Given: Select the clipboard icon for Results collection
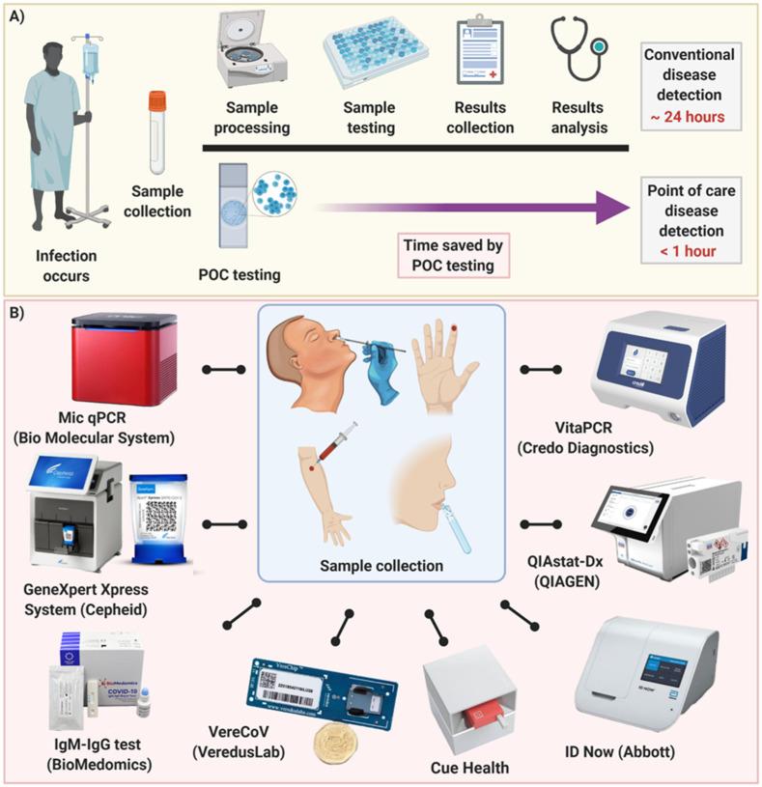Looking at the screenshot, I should pos(481,53).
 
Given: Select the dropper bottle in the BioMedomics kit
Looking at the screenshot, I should pos(144,706).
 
